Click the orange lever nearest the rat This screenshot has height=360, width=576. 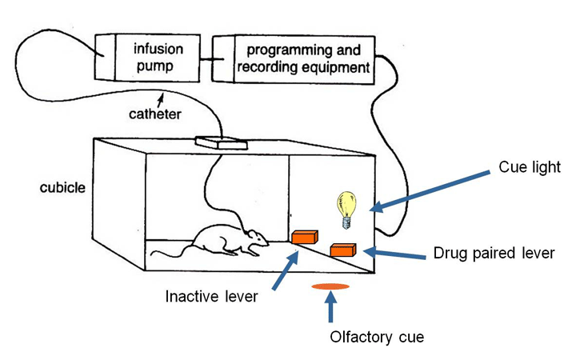pyautogui.click(x=304, y=237)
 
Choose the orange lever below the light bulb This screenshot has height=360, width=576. pyautogui.click(x=342, y=250)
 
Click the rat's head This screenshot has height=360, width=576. pyautogui.click(x=255, y=238)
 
